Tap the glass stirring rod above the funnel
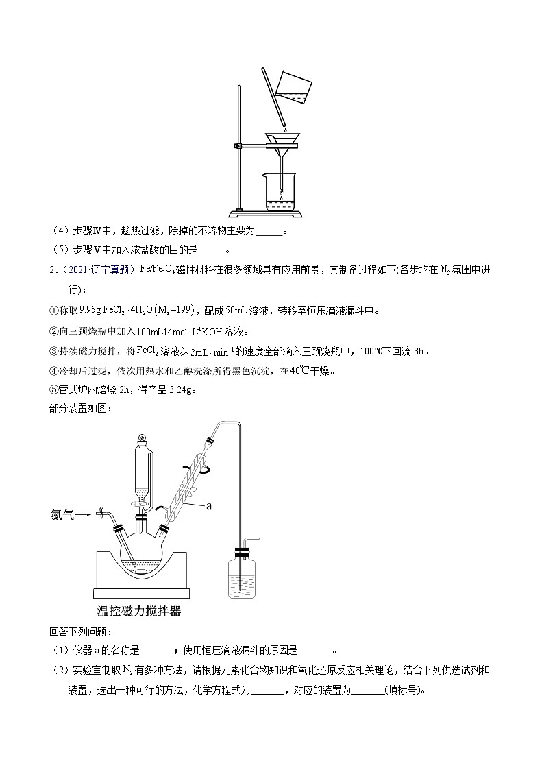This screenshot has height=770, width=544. coord(275,103)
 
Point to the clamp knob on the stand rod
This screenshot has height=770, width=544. coord(238,145)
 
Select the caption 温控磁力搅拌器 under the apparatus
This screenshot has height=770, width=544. coord(139,610)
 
